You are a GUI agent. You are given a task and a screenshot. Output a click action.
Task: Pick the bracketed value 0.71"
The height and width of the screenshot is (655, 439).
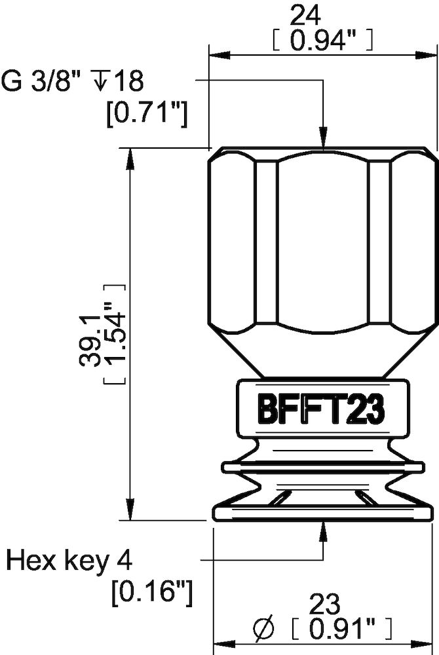147,114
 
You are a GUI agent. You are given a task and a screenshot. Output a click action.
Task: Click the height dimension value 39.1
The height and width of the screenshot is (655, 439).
92,341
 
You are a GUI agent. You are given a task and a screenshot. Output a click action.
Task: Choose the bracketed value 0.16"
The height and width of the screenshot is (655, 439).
152,593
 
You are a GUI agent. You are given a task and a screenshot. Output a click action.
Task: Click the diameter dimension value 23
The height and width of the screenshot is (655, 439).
322,602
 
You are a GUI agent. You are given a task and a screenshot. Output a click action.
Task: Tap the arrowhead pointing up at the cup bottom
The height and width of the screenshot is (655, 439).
324,531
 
